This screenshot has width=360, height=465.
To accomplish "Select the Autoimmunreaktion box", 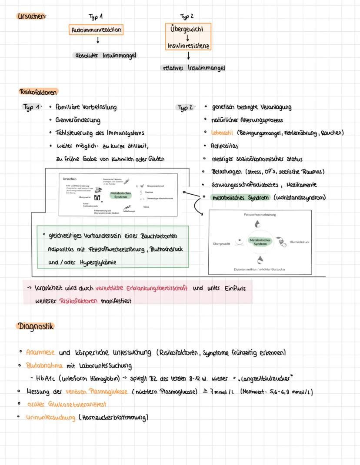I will [96, 30].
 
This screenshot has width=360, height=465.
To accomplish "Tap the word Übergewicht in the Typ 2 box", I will [188, 29].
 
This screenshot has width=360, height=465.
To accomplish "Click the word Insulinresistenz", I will [188, 46].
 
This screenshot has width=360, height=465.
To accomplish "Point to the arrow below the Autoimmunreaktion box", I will [98, 40].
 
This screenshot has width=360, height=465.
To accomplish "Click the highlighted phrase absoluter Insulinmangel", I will [105, 56].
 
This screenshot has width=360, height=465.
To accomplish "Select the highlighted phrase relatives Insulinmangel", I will [193, 68].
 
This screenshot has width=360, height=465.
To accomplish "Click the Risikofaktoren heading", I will [38, 92].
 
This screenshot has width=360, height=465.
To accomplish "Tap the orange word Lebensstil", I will [223, 133].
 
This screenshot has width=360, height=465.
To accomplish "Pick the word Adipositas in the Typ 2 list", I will [224, 146].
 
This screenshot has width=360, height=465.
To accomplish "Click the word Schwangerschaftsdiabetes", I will [245, 185].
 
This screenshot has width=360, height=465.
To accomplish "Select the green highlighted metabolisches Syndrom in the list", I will [240, 198].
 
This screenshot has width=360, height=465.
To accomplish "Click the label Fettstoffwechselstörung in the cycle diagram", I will [260, 215].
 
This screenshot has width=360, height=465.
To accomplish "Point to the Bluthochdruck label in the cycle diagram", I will [299, 242].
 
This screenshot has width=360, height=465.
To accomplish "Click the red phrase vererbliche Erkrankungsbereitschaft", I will [142, 288].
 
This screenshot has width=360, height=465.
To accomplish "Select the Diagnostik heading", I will [36, 326].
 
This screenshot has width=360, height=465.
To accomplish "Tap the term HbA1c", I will [51, 379].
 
